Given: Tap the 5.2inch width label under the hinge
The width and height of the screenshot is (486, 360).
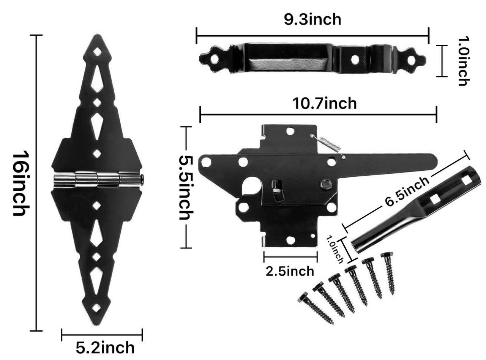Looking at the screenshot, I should [105, 347].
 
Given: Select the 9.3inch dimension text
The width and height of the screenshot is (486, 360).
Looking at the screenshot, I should [312, 20].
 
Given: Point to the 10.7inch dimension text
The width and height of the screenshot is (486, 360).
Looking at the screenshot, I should [324, 103].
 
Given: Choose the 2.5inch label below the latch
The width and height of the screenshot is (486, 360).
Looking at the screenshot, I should [290, 271].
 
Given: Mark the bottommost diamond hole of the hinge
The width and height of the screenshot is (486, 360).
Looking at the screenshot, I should [98, 308].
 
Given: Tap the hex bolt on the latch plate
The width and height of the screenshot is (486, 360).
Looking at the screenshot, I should [325, 184].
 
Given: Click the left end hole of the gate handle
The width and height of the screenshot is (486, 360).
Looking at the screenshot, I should [215, 59].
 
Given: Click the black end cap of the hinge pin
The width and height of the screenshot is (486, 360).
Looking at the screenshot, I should [141, 179].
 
